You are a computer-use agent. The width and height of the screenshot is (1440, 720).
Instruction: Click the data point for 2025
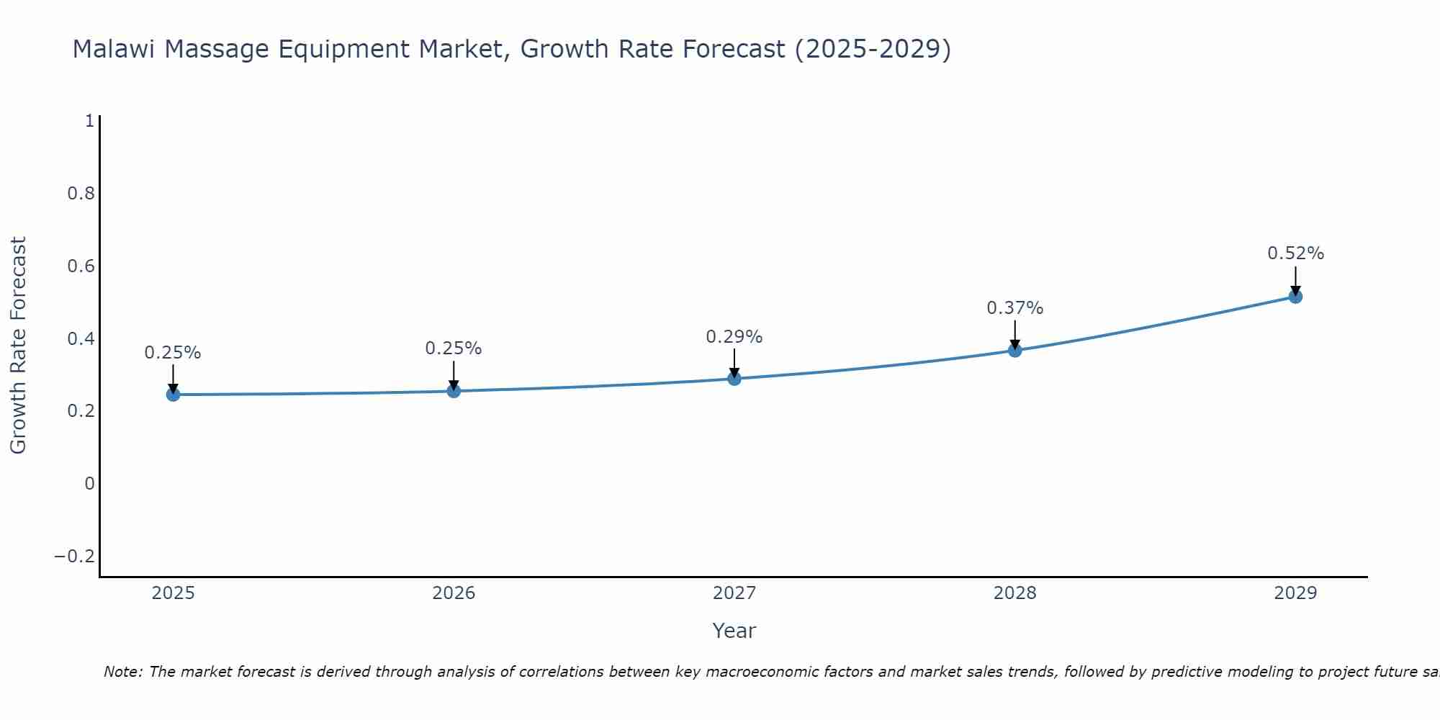(173, 394)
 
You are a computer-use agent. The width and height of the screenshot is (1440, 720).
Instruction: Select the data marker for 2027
(734, 378)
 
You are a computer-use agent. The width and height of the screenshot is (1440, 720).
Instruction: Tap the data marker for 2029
(1295, 296)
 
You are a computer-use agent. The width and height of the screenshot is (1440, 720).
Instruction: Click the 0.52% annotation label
(1295, 253)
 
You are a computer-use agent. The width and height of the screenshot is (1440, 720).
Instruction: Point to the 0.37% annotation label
(1014, 308)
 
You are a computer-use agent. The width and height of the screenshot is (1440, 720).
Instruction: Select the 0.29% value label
(734, 337)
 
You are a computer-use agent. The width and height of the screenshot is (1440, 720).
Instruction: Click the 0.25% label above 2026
(453, 348)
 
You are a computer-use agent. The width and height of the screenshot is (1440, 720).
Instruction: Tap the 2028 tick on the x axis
(1014, 593)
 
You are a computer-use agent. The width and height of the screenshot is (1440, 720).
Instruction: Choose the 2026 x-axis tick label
(454, 593)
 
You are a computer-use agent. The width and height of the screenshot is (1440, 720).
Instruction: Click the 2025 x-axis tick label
(174, 593)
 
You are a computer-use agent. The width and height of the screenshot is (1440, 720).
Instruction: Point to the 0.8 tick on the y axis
(81, 194)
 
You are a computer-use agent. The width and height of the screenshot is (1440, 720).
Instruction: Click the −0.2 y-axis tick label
(74, 557)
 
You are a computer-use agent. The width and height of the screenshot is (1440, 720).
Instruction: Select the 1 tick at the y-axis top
(89, 121)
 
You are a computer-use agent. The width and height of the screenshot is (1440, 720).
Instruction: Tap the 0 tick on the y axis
(89, 484)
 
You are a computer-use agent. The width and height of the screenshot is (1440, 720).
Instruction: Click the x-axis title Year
(734, 631)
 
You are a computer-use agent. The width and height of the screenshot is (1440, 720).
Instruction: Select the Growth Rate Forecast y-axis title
(18, 346)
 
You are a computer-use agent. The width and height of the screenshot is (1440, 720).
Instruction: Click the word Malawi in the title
(114, 50)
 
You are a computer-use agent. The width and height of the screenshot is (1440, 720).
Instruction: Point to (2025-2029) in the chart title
(873, 50)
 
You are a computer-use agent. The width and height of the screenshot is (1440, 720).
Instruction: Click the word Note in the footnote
(122, 672)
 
